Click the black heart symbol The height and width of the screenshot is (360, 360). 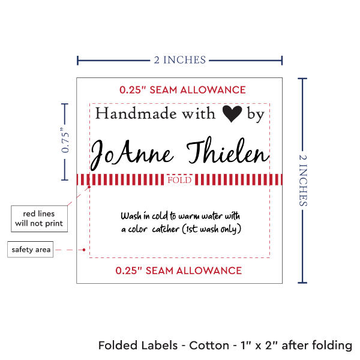233,114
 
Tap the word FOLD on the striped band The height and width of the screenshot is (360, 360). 179,180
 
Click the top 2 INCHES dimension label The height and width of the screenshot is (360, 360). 179,59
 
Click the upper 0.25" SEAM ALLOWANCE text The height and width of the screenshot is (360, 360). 182,90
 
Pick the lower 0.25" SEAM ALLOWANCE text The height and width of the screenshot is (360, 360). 179,271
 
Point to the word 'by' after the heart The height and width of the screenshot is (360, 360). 256,115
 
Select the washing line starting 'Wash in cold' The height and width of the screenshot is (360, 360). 180,216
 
